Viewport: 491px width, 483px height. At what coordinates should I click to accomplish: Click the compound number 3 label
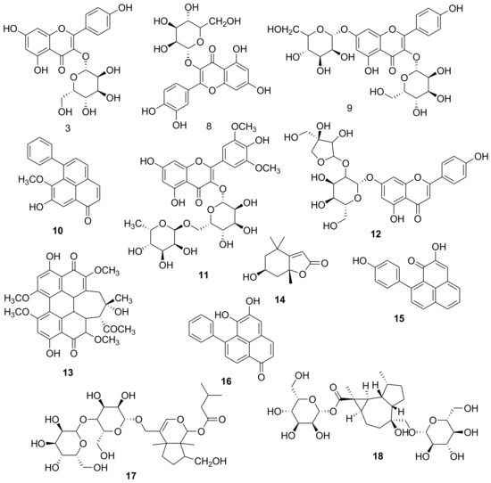[x=68, y=128]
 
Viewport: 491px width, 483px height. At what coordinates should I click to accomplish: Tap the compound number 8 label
[x=209, y=127]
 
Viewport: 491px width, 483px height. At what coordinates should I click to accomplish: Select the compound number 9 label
[x=349, y=108]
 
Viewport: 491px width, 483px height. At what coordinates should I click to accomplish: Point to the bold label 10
[x=58, y=231]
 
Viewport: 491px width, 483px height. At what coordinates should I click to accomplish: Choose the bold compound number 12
[x=375, y=233]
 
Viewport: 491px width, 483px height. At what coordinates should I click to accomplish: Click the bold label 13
[x=67, y=372]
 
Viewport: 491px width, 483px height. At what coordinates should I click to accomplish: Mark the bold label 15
[x=399, y=318]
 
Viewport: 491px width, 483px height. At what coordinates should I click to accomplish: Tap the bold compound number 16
[x=226, y=381]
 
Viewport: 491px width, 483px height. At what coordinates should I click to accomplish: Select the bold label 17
[x=130, y=476]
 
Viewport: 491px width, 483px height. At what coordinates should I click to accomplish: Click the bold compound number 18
[x=378, y=456]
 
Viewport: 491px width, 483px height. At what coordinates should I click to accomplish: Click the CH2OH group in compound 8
[x=225, y=21]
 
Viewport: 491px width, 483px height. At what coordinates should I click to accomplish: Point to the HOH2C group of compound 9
[x=282, y=29]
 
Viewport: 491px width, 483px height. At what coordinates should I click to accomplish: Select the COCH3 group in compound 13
[x=121, y=329]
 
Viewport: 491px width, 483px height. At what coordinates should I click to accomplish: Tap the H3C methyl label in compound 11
[x=132, y=224]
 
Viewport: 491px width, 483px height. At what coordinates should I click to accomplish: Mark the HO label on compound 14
[x=249, y=277]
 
